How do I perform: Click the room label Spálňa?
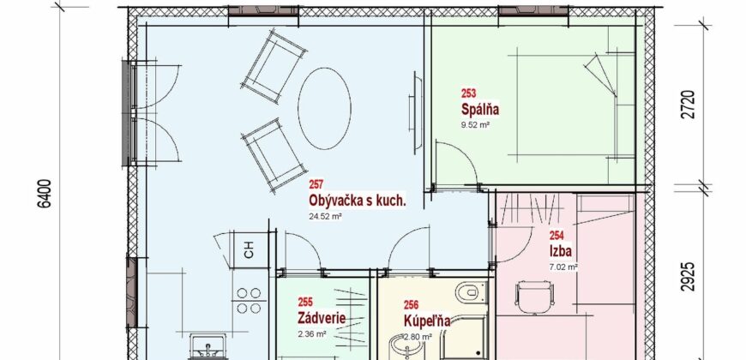(480, 110)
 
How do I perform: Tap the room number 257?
(316, 184)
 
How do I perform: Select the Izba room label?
(561, 250)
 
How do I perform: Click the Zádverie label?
(322, 317)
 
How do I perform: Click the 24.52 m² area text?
(326, 216)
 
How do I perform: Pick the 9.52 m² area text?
(475, 126)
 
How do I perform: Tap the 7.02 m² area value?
(563, 267)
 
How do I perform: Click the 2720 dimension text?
(690, 105)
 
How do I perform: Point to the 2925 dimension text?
(690, 276)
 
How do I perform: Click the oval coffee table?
(324, 107)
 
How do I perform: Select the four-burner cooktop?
(249, 301)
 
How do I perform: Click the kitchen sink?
(208, 345)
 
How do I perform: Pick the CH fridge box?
(249, 250)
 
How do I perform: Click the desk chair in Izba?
(535, 297)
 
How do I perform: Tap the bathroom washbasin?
(405, 347)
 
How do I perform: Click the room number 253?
(468, 93)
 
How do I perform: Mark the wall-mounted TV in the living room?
(415, 112)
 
